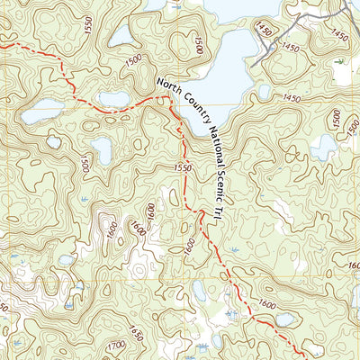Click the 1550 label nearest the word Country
(x=183, y=167)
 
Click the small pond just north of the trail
(x=114, y=98)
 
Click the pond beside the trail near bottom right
(x=284, y=319)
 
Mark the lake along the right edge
(x=324, y=146)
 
